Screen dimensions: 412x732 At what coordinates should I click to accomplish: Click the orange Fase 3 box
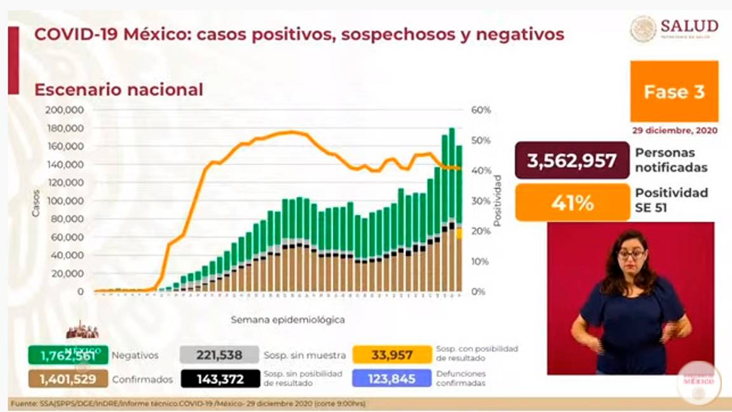(674, 92)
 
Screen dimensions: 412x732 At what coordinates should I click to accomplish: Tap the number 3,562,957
(572, 160)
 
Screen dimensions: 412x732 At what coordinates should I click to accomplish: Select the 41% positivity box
(572, 203)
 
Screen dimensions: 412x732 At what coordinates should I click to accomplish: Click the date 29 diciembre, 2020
(675, 130)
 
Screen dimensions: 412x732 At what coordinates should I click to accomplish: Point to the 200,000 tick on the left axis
(65, 110)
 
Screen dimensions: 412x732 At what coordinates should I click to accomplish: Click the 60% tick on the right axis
(481, 110)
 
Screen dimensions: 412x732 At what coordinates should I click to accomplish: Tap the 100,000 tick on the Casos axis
(65, 201)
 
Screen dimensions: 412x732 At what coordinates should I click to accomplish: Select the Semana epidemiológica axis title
(288, 320)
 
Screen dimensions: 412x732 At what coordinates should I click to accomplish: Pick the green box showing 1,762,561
(68, 355)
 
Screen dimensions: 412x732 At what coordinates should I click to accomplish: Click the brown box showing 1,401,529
(68, 379)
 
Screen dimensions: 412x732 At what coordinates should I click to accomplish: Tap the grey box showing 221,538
(220, 355)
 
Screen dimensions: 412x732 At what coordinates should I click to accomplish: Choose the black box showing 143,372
(220, 379)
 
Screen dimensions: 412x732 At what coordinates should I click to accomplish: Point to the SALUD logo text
(689, 26)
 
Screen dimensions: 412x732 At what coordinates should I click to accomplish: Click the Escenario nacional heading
(118, 90)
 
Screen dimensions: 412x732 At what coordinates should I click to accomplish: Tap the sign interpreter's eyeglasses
(631, 254)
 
